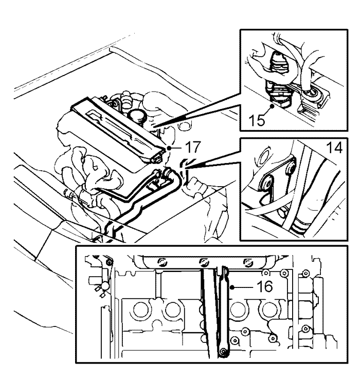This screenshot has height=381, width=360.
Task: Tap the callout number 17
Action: click(x=193, y=147)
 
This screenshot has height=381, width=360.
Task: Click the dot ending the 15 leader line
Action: click(x=273, y=106)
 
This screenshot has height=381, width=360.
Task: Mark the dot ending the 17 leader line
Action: click(x=169, y=148)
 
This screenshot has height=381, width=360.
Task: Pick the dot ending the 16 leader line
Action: click(x=232, y=288)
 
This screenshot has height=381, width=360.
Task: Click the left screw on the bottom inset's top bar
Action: click(x=161, y=262)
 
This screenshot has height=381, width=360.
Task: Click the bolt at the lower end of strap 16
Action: click(x=223, y=352)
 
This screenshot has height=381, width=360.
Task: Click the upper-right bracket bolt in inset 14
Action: click(x=292, y=169)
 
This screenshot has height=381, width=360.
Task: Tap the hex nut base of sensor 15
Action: click(x=280, y=103)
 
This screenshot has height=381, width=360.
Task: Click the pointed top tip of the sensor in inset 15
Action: click(x=278, y=53)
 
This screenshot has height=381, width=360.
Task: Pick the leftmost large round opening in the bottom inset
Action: click(x=140, y=310)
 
